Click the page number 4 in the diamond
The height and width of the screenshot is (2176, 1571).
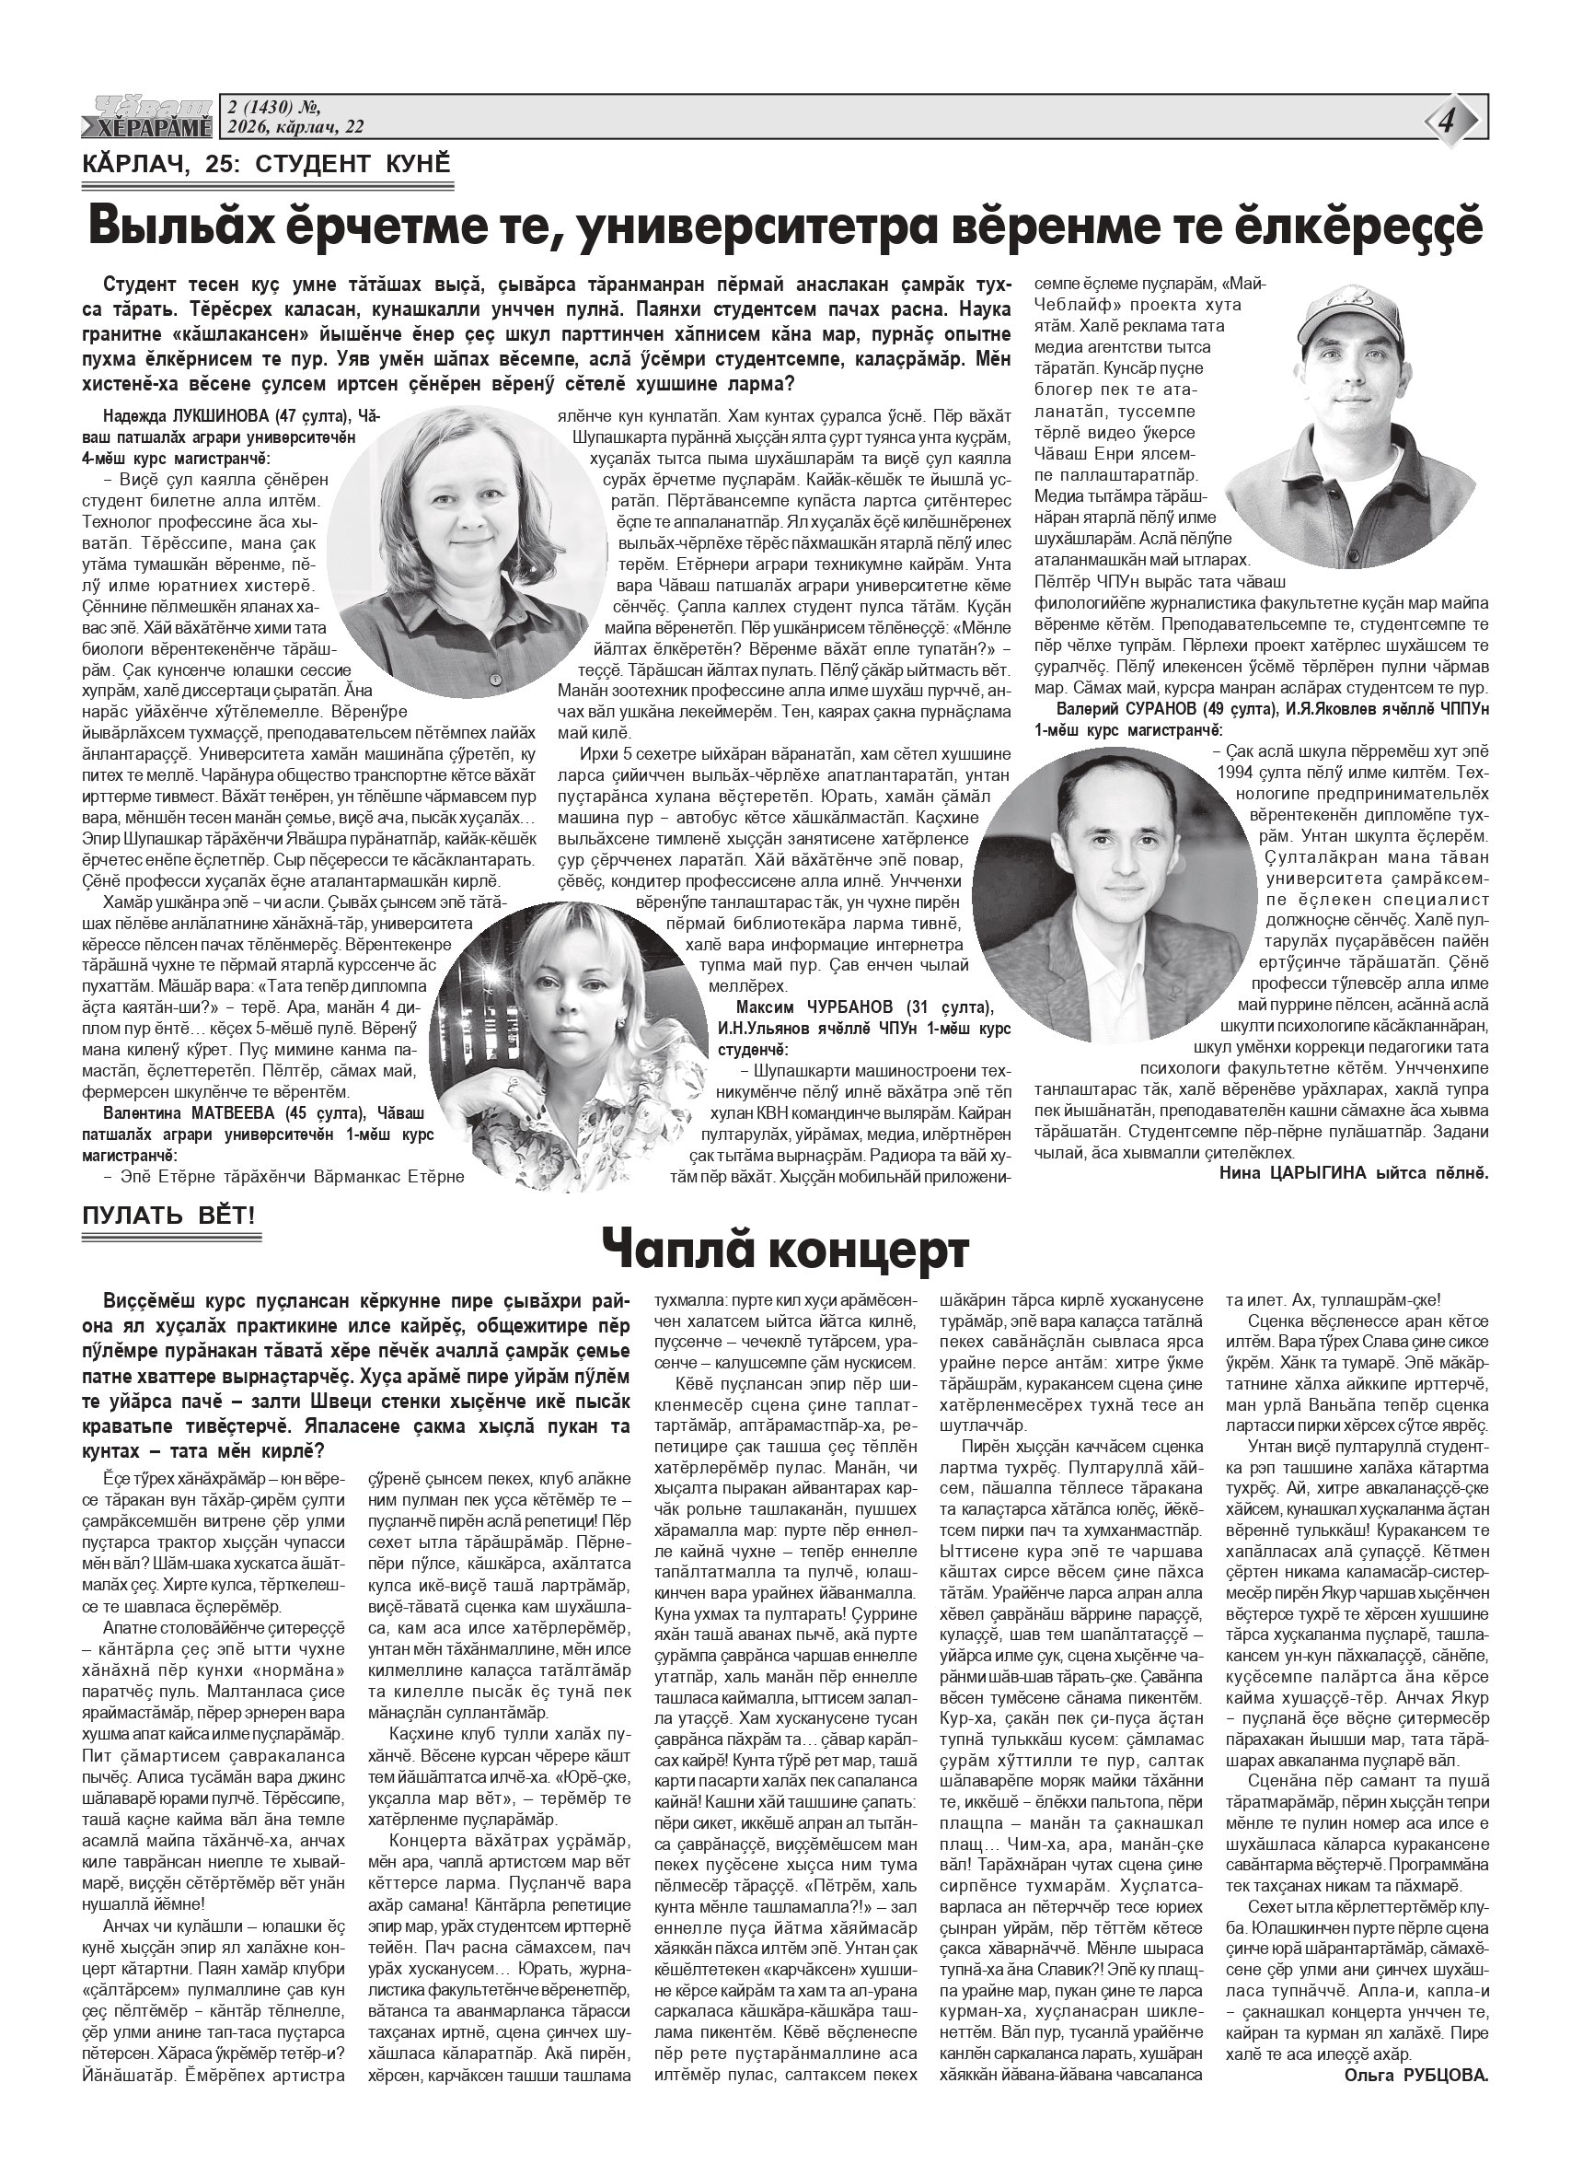pos(1447,122)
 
